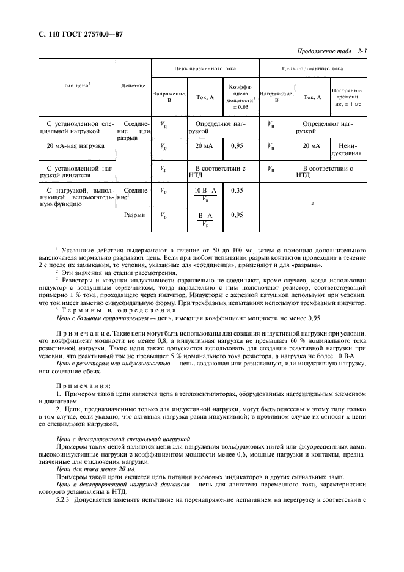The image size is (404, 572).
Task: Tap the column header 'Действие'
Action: click(x=133, y=86)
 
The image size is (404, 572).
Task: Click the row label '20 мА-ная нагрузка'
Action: click(x=76, y=147)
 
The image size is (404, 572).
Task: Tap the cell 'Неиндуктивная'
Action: click(x=347, y=150)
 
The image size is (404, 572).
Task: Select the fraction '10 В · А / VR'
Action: click(x=205, y=195)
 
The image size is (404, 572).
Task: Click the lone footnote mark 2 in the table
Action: click(x=312, y=204)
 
